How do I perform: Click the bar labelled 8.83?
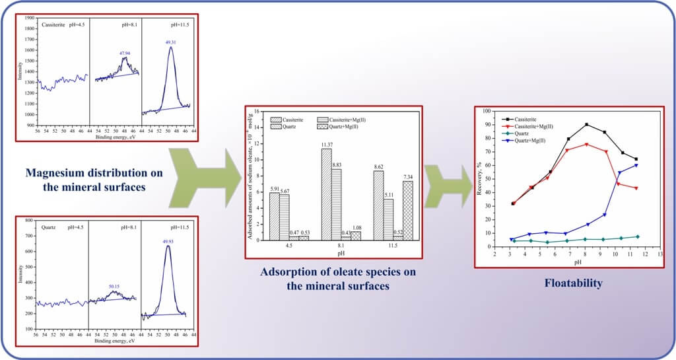coord(337,204)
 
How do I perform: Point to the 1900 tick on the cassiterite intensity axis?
coord(29,18)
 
